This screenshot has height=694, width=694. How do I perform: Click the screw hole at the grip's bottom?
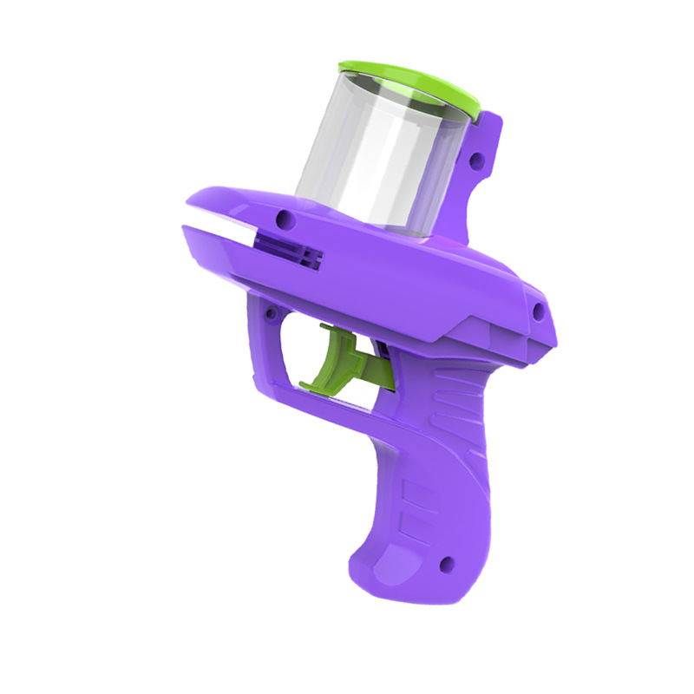tap(447, 564)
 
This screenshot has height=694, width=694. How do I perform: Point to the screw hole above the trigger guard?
tap(271, 311)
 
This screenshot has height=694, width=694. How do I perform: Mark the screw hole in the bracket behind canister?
tap(475, 161)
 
